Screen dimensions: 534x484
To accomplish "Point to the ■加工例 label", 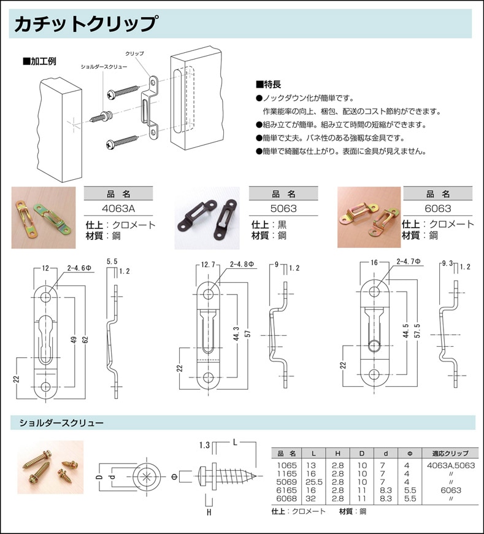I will point(39,61).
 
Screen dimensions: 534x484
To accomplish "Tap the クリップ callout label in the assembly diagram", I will point(134,54).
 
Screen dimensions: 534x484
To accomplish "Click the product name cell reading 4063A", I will point(120,209).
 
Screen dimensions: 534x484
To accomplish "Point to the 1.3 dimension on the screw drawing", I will point(205,444).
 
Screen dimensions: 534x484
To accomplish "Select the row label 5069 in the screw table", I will point(286,482).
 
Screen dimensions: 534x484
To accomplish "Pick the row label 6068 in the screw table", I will point(286,498).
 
